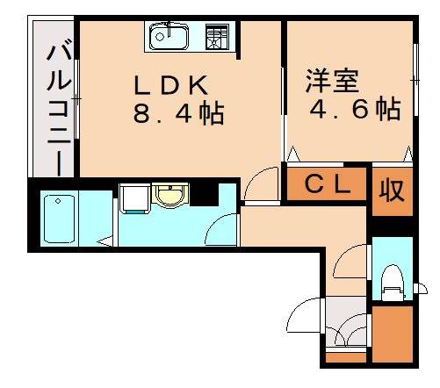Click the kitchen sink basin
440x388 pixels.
(x=168, y=37)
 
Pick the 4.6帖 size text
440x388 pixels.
(x=355, y=109)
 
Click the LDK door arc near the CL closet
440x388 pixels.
(x=261, y=185)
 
